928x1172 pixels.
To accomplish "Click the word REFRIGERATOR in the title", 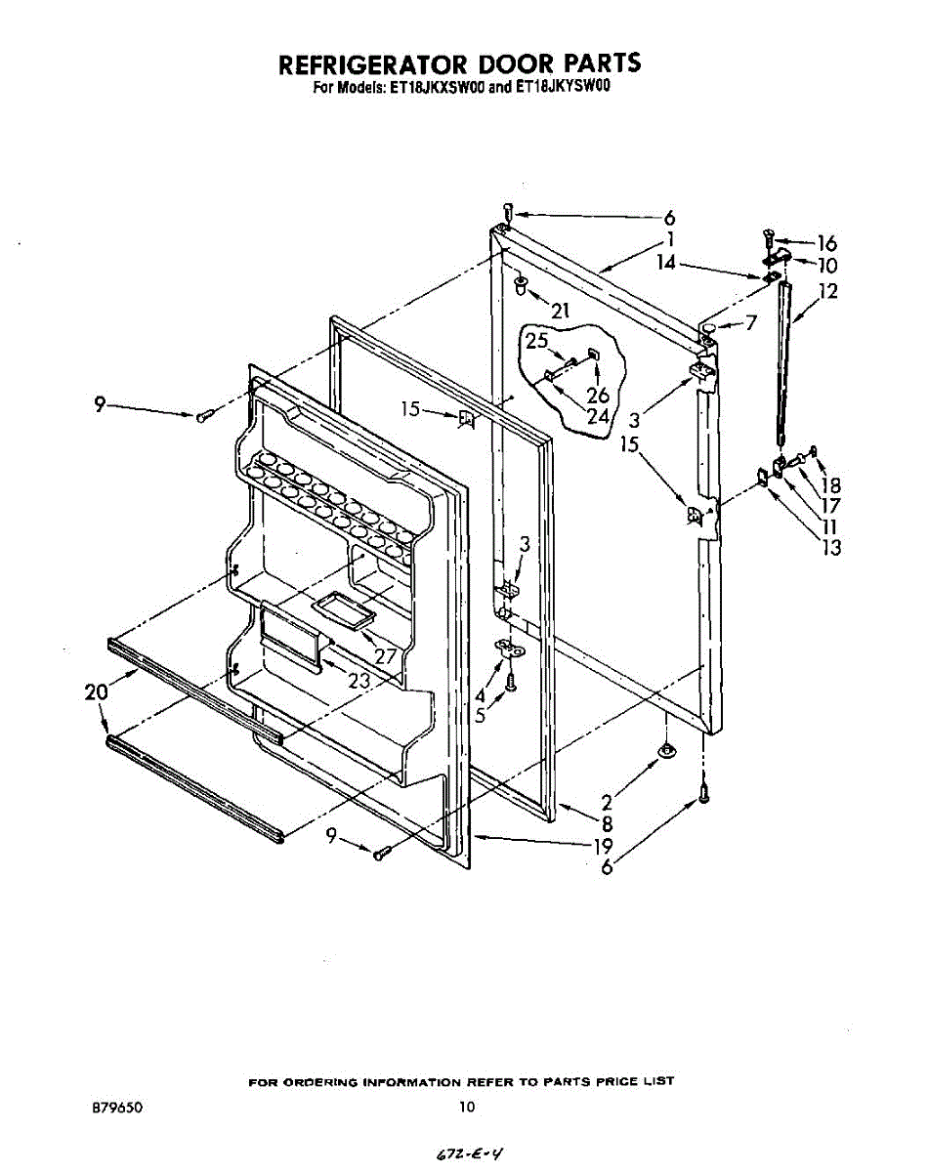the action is coord(370,64).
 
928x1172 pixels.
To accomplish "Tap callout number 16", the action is coord(826,243).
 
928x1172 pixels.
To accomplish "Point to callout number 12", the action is coord(828,291).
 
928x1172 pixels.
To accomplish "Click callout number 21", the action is coord(560,312).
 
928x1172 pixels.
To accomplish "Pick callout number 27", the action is coord(386,656).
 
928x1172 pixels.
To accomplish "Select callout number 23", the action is coord(359,682).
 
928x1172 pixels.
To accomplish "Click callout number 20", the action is coord(95,692).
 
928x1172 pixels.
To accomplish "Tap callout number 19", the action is coord(603,846).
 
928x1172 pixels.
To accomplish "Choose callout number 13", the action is coord(831,547).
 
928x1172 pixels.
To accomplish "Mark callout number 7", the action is coord(751,323).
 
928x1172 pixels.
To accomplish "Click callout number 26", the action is coord(598,395).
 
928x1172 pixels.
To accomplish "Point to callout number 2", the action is coord(607,803).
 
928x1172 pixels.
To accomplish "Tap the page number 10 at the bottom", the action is coord(466,1108).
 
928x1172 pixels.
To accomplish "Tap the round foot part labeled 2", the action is coord(665,750).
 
